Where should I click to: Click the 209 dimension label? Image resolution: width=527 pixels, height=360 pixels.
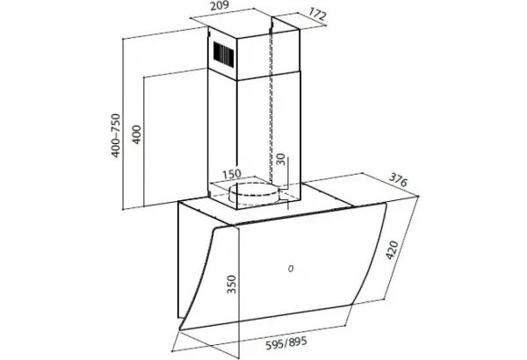(219, 6)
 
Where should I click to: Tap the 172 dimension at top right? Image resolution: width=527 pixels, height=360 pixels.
(317, 15)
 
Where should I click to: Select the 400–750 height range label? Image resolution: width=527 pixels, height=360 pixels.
(116, 135)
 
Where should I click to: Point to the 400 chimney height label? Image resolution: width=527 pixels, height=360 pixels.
(136, 134)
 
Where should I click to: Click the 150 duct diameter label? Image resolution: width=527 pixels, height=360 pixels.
(232, 174)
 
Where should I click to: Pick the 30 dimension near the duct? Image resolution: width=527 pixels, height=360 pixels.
(280, 159)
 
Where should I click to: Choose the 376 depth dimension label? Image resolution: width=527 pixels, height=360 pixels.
(398, 179)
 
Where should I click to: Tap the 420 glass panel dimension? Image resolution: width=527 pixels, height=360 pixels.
(392, 249)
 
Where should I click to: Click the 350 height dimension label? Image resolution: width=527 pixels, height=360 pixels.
(232, 284)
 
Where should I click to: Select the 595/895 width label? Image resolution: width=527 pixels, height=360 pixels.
(286, 342)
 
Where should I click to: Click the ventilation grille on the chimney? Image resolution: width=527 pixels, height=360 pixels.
(223, 53)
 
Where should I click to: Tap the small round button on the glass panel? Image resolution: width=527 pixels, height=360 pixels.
(291, 269)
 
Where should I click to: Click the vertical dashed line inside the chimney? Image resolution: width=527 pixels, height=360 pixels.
(271, 104)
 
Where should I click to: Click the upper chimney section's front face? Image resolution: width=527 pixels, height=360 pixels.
(223, 54)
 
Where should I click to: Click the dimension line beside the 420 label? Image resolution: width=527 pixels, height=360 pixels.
(402, 248)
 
